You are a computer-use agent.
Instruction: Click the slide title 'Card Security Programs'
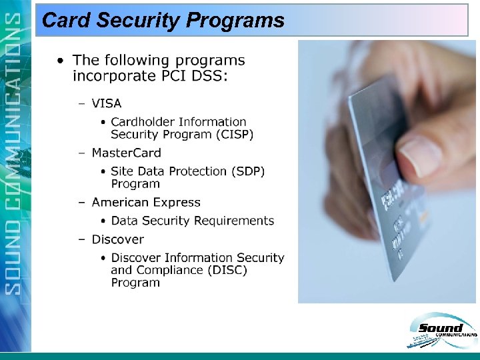[163, 21]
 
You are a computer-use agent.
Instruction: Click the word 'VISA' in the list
[107, 103]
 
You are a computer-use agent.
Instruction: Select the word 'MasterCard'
[126, 153]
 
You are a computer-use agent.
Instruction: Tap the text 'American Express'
[146, 202]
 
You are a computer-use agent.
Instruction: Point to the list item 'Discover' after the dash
[118, 239]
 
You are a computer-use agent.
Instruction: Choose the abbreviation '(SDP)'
[246, 171]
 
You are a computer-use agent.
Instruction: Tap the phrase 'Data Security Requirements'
[192, 221]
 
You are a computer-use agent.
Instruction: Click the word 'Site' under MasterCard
[121, 171]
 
